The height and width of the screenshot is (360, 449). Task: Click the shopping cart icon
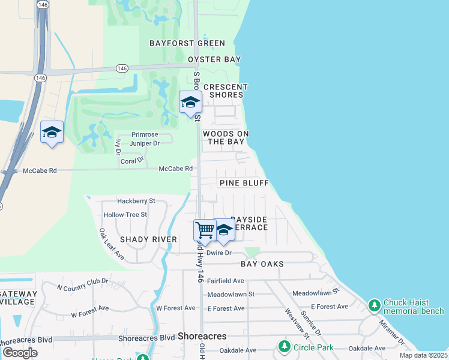(x=205, y=230)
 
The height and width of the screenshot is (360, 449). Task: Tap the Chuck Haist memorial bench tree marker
(x=375, y=306)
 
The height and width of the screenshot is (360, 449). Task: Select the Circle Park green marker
(x=285, y=347)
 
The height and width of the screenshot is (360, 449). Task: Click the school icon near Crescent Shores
(x=190, y=103)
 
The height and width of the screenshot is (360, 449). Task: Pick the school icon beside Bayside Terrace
(x=224, y=230)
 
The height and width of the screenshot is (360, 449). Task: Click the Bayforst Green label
(x=187, y=43)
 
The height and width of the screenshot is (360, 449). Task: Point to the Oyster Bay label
(x=214, y=59)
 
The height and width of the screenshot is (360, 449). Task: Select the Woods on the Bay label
(x=226, y=137)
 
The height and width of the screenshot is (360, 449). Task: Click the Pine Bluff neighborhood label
(x=244, y=183)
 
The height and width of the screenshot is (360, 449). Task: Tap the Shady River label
(x=148, y=239)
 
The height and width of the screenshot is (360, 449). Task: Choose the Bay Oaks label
(x=262, y=264)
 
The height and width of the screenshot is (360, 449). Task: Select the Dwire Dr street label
(x=218, y=253)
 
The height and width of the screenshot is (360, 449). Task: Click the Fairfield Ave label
(x=226, y=281)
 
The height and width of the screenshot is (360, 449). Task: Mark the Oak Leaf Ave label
(x=111, y=244)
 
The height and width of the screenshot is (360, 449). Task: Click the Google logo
(x=20, y=353)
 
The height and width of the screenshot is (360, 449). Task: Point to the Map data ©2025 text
(x=423, y=355)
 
